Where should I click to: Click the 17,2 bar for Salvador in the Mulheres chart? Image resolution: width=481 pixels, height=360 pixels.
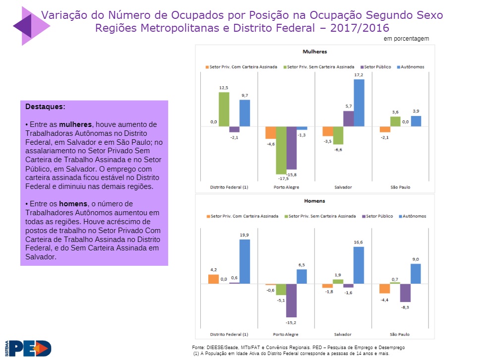(359, 103)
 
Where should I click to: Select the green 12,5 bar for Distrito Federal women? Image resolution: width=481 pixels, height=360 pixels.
(224, 110)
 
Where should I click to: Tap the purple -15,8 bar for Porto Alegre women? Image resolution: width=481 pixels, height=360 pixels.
(292, 148)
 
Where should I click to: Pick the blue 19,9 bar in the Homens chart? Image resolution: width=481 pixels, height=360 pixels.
(244, 261)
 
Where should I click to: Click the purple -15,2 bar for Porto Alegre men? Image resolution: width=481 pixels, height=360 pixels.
(292, 300)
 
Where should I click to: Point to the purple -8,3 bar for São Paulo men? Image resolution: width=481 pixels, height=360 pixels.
(406, 293)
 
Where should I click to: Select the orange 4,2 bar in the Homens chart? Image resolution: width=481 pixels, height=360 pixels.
(214, 279)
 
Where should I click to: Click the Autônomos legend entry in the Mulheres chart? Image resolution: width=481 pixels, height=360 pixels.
(412, 66)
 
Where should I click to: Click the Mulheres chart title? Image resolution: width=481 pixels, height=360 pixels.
(315, 52)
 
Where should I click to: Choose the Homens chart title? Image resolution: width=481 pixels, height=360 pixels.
(315, 201)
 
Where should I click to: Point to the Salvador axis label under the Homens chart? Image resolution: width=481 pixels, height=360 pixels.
(343, 334)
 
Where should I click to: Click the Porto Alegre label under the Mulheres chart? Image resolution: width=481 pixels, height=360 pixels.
(286, 187)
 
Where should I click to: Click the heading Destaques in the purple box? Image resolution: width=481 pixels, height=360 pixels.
(45, 107)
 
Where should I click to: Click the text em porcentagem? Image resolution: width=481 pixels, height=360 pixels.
(406, 39)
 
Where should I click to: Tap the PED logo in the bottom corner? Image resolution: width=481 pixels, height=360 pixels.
(29, 348)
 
